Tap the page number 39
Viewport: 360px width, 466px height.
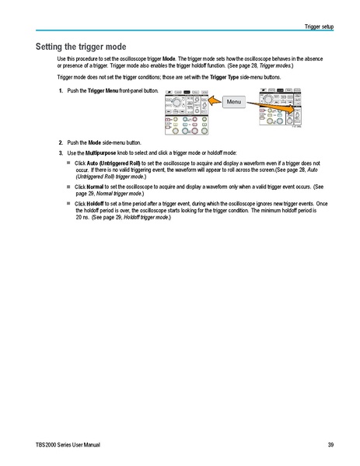click(330, 444)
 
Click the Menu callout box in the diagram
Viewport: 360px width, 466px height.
click(234, 102)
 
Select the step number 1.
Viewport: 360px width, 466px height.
click(61, 91)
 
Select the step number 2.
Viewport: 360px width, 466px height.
click(61, 143)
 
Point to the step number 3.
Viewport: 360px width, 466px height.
click(61, 152)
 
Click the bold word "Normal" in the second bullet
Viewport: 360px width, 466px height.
click(95, 187)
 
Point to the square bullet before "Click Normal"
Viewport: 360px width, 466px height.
click(68, 187)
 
